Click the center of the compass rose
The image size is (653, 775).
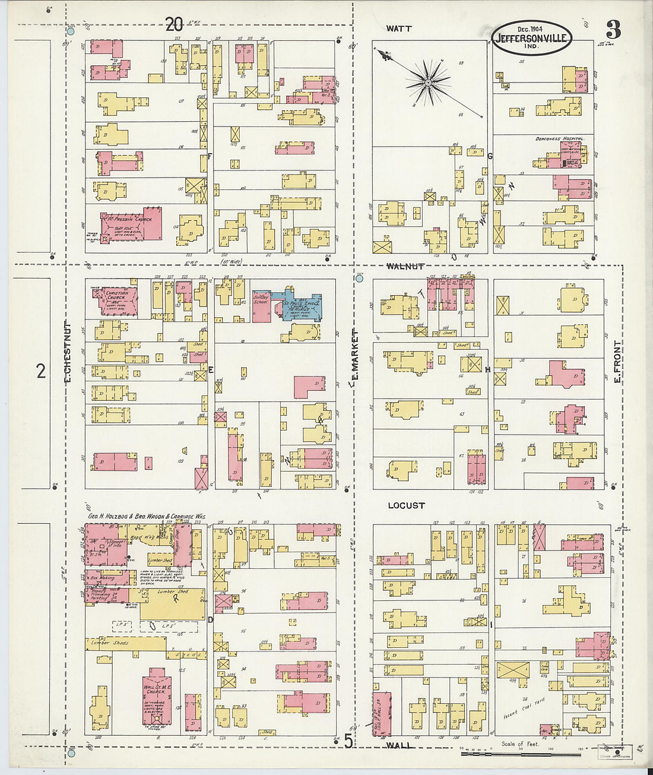coord(427,83)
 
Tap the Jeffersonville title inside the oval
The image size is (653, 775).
coord(531,39)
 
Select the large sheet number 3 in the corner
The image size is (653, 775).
coord(613,29)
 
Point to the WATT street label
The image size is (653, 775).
coord(398,29)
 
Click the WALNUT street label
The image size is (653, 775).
coord(405,267)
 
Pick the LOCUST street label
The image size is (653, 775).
coord(406,505)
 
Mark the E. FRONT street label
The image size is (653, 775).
coord(617,361)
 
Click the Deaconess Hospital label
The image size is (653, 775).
coord(559,138)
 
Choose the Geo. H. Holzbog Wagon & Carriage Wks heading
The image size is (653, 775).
coord(147,517)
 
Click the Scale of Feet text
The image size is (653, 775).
coord(520,744)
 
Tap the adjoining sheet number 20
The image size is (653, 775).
coord(173,24)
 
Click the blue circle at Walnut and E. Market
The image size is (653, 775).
coord(359,277)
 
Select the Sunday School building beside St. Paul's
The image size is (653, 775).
coord(261,306)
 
